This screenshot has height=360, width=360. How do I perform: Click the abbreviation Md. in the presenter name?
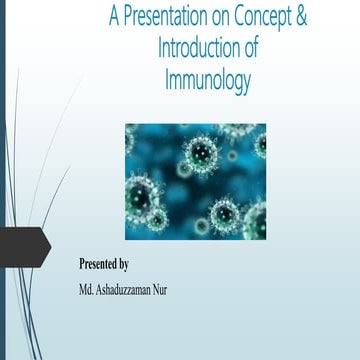[89, 290]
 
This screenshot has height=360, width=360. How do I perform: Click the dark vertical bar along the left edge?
[3, 180]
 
